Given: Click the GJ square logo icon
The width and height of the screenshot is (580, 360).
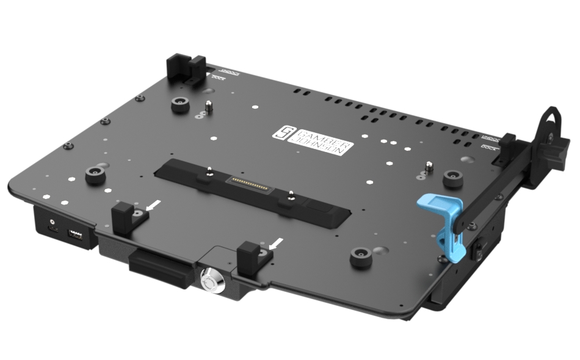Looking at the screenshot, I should (x=285, y=132).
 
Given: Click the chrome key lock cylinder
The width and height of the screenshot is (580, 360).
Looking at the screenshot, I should (x=210, y=281).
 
